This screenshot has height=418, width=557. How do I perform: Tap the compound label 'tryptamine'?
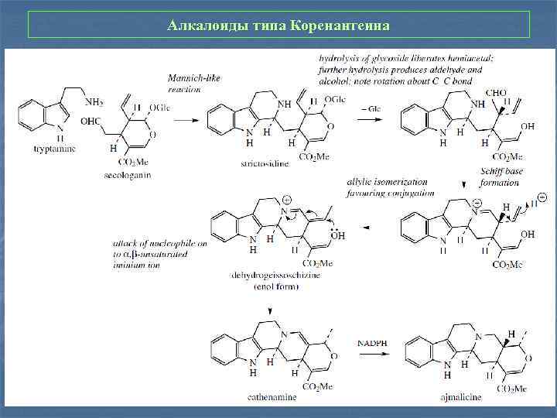point(54,149)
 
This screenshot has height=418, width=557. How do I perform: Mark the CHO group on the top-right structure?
point(495,93)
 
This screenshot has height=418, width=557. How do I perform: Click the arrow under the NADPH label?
point(373,353)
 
